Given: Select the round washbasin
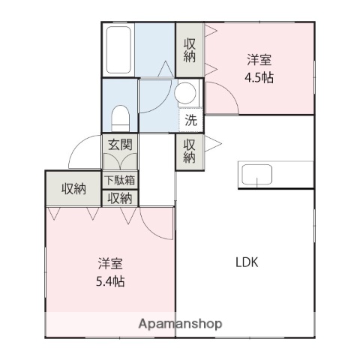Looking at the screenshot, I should coord(185,94).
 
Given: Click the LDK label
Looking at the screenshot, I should coord(247,262).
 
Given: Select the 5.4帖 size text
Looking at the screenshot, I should coord(110,282).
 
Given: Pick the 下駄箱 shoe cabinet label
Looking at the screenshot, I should coord(120,180).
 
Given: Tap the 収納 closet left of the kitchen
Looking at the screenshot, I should coord(190,151).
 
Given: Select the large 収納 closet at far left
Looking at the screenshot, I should coord(73,189).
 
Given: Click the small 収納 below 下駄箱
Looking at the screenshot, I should coord(120,198).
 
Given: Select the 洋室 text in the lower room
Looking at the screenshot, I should coord(110,264).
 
